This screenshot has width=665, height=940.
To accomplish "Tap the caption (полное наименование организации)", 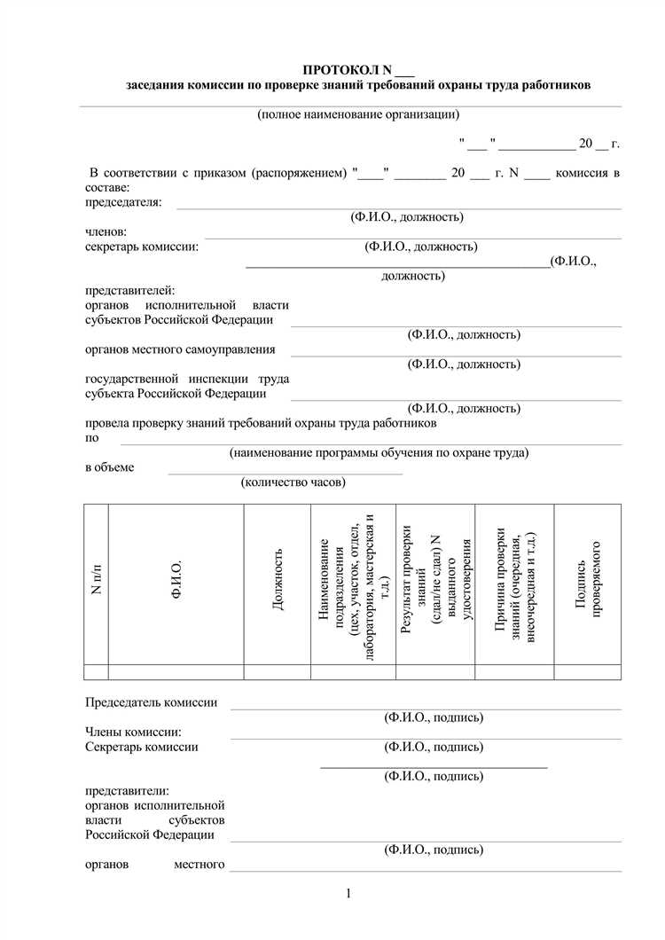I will pyautogui.click(x=358, y=114).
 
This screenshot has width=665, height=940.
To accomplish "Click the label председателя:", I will pyautogui.click(x=123, y=202).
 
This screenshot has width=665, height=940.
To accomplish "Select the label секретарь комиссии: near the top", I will pyautogui.click(x=142, y=246).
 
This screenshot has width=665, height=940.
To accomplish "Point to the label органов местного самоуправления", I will pyautogui.click(x=180, y=349).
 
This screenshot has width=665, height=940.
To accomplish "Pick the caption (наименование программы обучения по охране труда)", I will pyautogui.click(x=379, y=452).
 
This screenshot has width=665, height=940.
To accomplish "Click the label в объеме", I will pyautogui.click(x=110, y=467).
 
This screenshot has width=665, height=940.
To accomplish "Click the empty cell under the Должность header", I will pyautogui.click(x=278, y=671).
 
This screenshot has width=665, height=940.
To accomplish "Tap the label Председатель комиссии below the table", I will pyautogui.click(x=151, y=702).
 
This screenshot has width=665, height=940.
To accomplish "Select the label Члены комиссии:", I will pyautogui.click(x=133, y=732).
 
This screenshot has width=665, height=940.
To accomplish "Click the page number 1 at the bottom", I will pyautogui.click(x=350, y=894).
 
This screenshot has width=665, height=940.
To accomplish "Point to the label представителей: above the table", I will pyautogui.click(x=130, y=290).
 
